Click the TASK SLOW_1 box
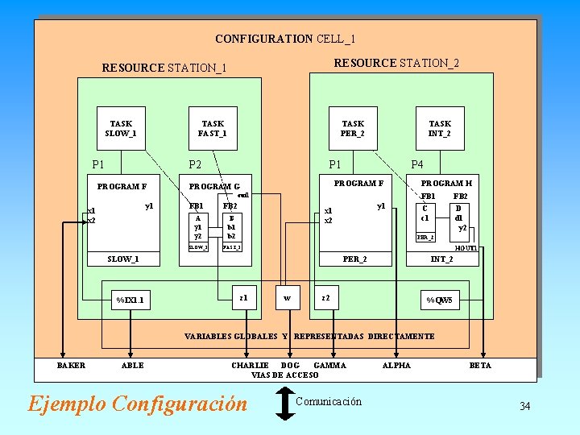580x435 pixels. [x=121, y=128]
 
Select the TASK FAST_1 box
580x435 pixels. [x=213, y=128]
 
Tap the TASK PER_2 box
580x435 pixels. [x=353, y=128]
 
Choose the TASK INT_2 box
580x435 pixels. [x=440, y=128]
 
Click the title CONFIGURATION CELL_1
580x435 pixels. [x=285, y=39]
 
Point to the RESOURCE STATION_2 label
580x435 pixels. [x=396, y=63]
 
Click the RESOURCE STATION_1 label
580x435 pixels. [x=164, y=68]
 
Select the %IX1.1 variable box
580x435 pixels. [x=130, y=300]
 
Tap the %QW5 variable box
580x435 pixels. [x=440, y=300]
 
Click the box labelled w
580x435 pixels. [x=286, y=299]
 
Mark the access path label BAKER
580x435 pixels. [x=71, y=366]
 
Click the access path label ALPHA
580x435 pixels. [x=396, y=366]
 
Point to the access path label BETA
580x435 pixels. [x=480, y=366]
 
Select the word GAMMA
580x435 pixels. [x=329, y=366]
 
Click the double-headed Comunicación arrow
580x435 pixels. [x=285, y=403]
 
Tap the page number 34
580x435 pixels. [x=524, y=406]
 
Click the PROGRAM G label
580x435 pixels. [x=220, y=187]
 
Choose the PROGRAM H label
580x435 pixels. [x=446, y=184]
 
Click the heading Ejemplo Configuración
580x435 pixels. [x=138, y=403]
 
